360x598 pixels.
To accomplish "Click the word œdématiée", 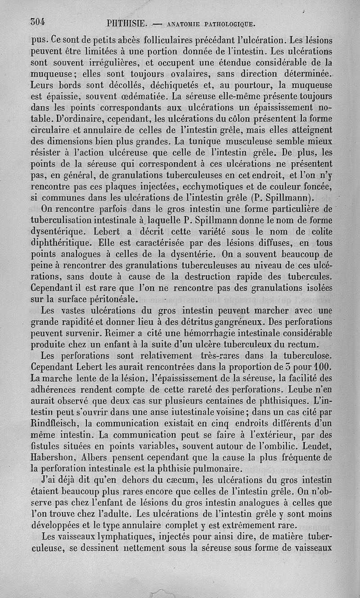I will pos(147,96).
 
